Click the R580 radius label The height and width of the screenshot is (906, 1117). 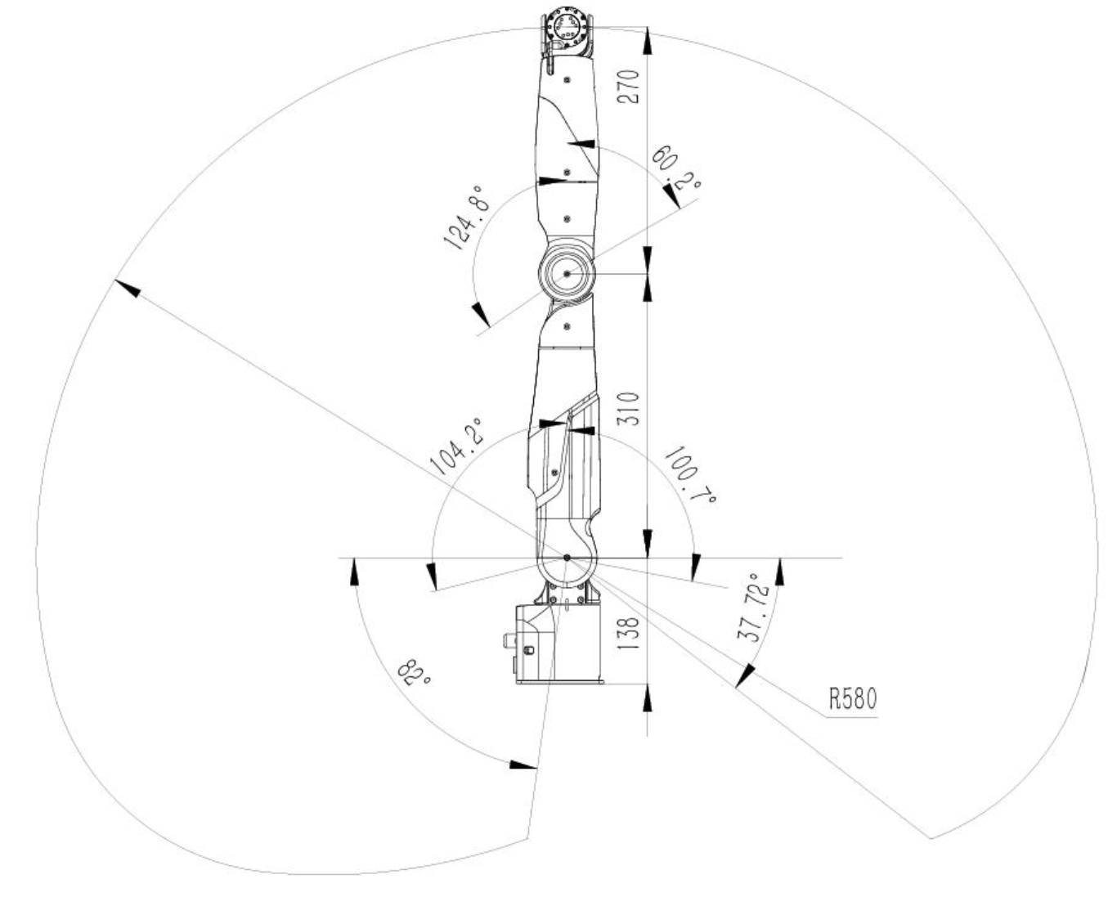click(x=853, y=698)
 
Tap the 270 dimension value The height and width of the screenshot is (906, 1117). click(x=628, y=87)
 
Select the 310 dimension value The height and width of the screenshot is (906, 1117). click(x=628, y=409)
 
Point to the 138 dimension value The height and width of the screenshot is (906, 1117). click(x=628, y=634)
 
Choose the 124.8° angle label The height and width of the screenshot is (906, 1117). click(x=468, y=217)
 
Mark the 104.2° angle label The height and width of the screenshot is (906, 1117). click(x=456, y=446)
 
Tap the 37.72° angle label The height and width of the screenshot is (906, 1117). click(x=755, y=608)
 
